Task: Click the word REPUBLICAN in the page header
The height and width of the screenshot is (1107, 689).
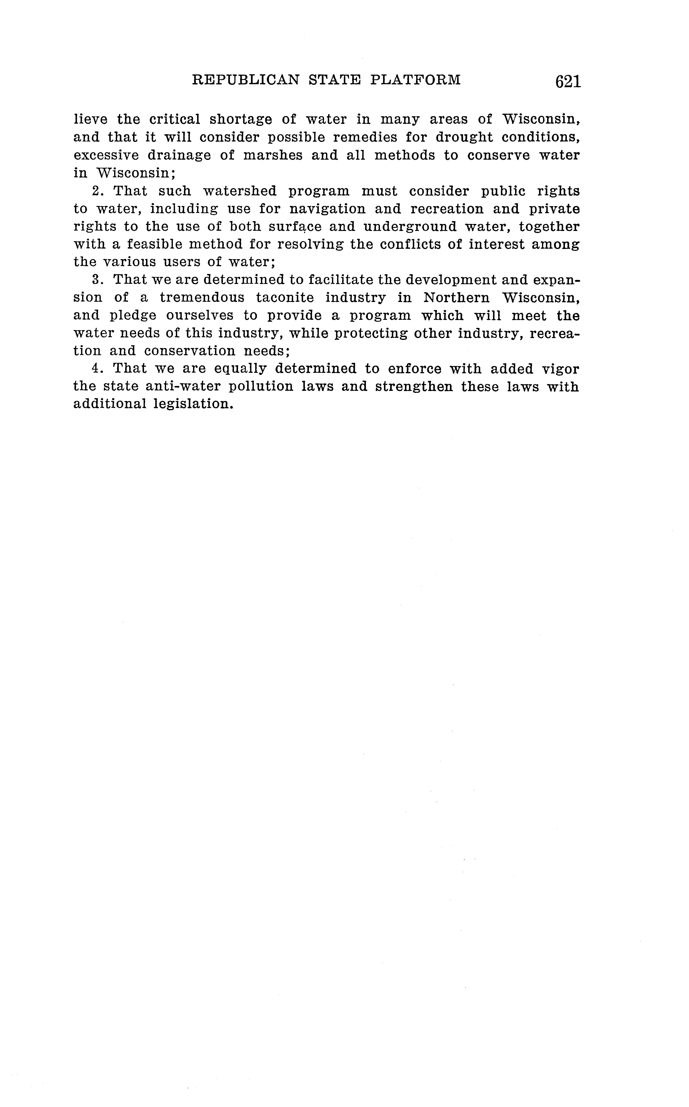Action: click(x=246, y=80)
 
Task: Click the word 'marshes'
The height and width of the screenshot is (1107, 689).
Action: click(x=273, y=155)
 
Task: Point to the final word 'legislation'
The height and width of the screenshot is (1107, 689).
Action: click(x=190, y=404)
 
